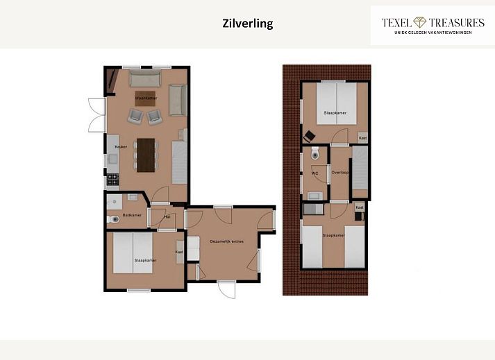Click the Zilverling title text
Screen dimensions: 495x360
(x=248, y=24)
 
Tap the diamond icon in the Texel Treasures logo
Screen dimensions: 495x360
(x=420, y=22)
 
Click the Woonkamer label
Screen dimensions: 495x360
(x=146, y=98)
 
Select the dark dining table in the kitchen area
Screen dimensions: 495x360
(x=146, y=155)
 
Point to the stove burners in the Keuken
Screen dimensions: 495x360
(x=112, y=180)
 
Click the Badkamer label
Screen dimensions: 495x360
(x=132, y=215)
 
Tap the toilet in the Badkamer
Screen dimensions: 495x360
(x=112, y=219)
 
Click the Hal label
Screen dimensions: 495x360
(x=167, y=217)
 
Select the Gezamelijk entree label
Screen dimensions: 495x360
(x=226, y=241)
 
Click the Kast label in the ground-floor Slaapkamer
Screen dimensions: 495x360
(x=179, y=252)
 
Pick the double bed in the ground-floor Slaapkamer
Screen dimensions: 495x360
(x=133, y=253)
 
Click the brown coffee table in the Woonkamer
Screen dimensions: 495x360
(x=145, y=98)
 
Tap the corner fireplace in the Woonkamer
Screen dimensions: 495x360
(x=112, y=81)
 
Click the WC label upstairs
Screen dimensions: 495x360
(x=314, y=173)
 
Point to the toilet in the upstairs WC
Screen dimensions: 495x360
(x=315, y=153)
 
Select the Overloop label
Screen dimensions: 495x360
(x=340, y=173)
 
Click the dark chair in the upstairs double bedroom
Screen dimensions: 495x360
(x=309, y=137)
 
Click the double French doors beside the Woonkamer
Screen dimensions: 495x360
(x=97, y=115)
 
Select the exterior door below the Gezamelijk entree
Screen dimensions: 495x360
(x=226, y=289)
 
